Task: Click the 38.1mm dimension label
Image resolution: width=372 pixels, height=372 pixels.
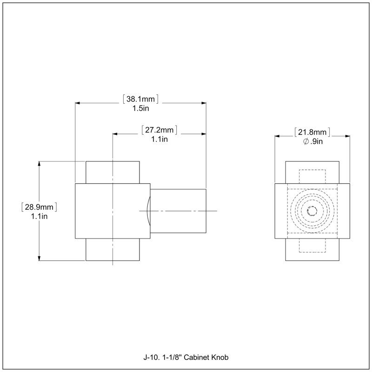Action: coord(140,99)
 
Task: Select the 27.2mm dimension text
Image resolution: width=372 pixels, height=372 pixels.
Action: coord(159,130)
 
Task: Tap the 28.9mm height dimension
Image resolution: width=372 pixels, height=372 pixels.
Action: coord(39,207)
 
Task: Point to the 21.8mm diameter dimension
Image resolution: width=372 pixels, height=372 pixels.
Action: coord(312,132)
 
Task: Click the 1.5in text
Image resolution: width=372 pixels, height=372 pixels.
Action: coord(141,108)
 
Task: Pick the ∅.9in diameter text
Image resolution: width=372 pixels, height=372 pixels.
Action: coord(313,142)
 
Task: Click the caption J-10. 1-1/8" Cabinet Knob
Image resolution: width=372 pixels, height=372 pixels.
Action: coord(186,357)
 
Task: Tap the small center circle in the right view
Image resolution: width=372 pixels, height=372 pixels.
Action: coord(312,211)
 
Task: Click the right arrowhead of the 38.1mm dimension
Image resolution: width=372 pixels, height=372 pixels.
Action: coord(204,103)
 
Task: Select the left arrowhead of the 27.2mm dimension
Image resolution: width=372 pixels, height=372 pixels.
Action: coord(115,134)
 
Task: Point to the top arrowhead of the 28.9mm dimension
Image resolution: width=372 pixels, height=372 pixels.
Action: coord(39,164)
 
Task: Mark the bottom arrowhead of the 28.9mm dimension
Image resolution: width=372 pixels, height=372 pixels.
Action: coord(39,258)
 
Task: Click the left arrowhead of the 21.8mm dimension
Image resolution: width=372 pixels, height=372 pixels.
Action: coord(277,136)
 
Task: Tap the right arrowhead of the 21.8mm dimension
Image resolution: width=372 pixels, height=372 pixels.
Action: coord(347,136)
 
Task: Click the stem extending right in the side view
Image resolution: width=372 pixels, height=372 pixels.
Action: coord(178,211)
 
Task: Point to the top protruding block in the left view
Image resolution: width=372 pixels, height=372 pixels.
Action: coord(113,173)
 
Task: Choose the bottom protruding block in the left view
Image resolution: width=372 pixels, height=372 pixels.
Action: coord(113,249)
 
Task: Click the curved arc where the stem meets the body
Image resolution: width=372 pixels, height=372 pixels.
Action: coord(147,211)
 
